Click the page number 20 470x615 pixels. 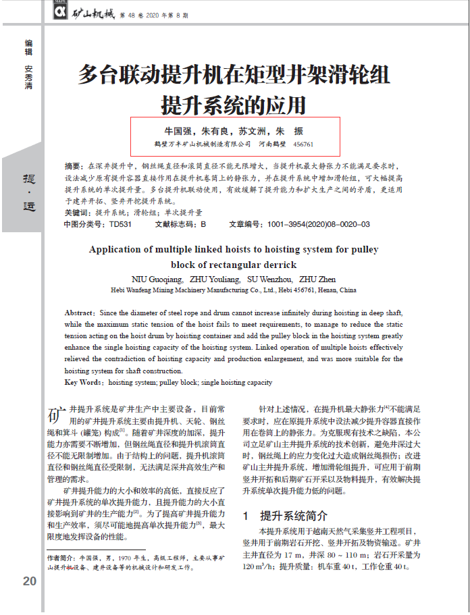[x=29, y=581]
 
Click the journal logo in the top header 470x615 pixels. [x=59, y=11]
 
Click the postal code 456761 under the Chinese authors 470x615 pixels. [x=303, y=144]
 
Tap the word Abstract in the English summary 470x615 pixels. [x=80, y=313]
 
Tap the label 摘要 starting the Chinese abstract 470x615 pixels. [x=73, y=166]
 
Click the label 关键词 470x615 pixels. [x=76, y=212]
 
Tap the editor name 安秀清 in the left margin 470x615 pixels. [x=28, y=77]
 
